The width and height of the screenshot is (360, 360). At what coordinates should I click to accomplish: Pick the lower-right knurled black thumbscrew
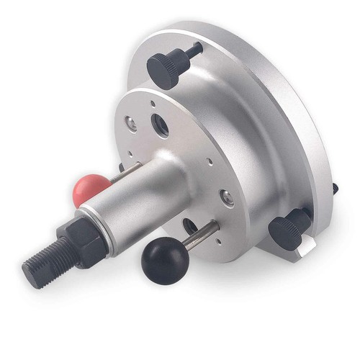click(288, 231)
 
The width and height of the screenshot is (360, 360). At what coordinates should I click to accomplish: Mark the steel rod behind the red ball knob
click(129, 170)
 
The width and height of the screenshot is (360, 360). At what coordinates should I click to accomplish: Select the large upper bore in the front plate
click(161, 127)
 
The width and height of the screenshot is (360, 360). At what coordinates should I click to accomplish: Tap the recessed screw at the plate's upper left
click(132, 123)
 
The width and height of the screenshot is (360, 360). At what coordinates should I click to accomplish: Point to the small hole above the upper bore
click(153, 104)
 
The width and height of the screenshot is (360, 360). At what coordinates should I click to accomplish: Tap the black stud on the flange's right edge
click(335, 188)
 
